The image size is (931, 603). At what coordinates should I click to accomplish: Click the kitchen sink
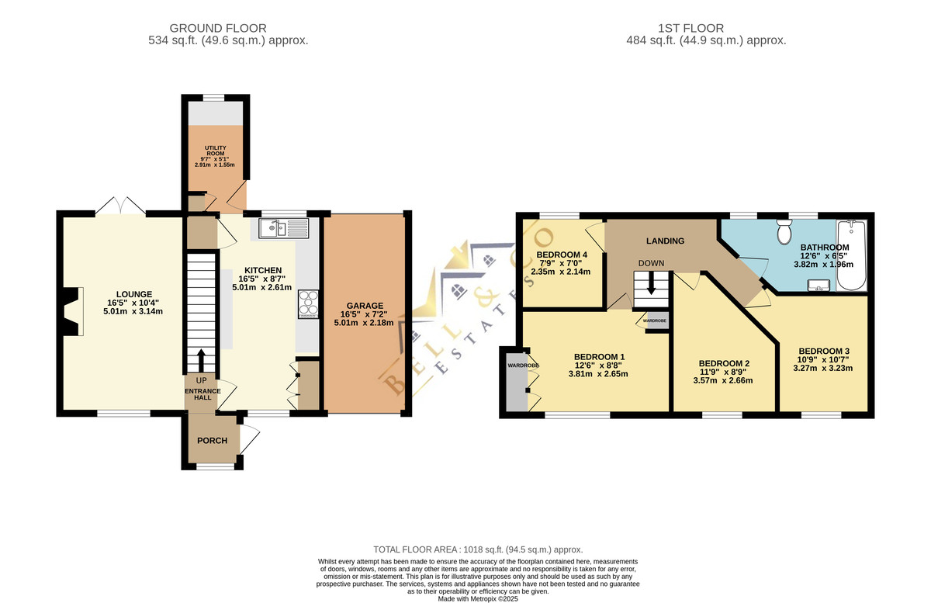coord(284,228)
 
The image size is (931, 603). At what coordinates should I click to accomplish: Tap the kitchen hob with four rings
coord(309,304)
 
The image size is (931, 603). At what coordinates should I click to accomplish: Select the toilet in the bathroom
coord(784,231)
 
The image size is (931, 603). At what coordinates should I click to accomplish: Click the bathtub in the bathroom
coord(851,255)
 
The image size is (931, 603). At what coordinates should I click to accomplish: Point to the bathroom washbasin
coord(819,286)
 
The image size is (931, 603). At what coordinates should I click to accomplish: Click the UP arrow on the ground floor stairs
coord(201,360)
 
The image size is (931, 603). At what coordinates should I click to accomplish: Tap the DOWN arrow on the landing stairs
coord(651,282)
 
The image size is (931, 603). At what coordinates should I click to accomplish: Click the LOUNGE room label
coord(133,294)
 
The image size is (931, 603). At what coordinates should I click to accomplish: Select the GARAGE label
coord(365,306)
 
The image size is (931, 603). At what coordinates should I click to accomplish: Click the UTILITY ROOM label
coord(216,151)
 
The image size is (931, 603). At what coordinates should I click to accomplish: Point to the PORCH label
coord(212,440)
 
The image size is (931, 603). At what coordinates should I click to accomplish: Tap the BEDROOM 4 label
coord(562,255)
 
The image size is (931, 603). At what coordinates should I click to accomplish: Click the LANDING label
coord(665,241)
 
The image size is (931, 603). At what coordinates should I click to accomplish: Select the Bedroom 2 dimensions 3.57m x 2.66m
coord(723,380)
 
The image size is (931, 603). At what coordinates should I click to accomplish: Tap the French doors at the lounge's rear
coord(120,206)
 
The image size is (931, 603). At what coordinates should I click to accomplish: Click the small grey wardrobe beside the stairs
coord(658,321)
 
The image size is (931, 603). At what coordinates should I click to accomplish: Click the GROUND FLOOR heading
coord(218,28)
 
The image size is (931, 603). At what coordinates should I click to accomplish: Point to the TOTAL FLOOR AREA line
coord(478,549)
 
